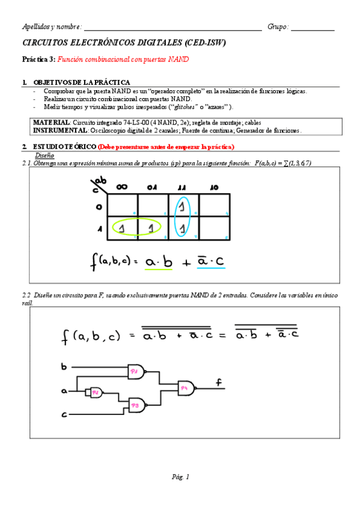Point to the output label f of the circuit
point(219,381)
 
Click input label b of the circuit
point(64,366)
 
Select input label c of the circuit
point(64,414)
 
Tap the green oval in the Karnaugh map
point(138,228)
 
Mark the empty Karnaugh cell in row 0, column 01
point(153,205)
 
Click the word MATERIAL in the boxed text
point(52,121)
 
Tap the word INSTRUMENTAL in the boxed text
point(60,130)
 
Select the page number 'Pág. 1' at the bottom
point(180,477)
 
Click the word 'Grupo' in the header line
point(278,27)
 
